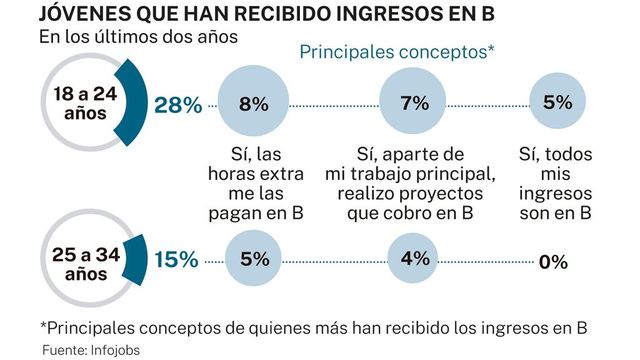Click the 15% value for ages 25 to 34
(176, 259)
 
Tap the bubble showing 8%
(254, 103)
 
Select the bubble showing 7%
(413, 103)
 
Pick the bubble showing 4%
(413, 259)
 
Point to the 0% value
(552, 262)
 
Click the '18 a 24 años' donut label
(83, 102)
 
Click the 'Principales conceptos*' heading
(398, 51)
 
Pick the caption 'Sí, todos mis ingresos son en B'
(556, 183)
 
